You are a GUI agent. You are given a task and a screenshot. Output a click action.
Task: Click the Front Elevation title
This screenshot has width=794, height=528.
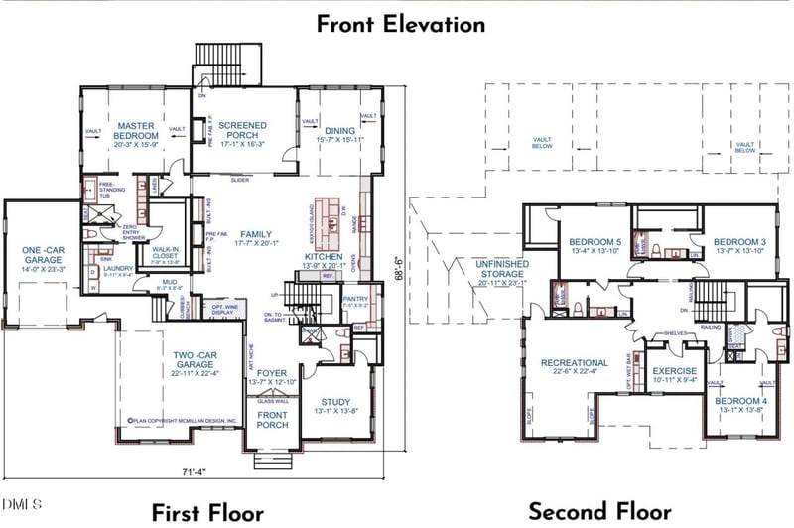click(x=401, y=24)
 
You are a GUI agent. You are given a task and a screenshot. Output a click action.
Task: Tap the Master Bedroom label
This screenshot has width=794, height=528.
click(x=136, y=132)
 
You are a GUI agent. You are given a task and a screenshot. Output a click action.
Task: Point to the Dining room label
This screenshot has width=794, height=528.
click(x=340, y=132)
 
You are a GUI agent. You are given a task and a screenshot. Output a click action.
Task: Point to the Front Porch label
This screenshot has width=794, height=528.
click(x=272, y=420)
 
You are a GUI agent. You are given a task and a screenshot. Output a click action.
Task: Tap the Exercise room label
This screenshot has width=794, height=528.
click(x=675, y=373)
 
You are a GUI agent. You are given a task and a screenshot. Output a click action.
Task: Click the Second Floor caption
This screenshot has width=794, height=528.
click(x=599, y=511)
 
